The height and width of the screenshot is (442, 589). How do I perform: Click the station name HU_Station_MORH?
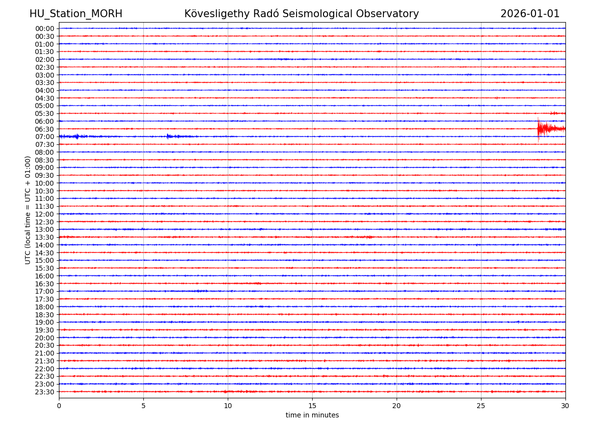coord(76,14)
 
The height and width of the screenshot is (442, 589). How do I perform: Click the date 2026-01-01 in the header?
coord(530,14)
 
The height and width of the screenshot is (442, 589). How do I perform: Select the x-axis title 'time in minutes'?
coord(312,415)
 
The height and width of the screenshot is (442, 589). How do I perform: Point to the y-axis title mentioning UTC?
coord(28,210)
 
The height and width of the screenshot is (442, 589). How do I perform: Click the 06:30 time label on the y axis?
coord(44,129)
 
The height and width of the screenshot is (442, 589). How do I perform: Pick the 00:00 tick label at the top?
coord(44,28)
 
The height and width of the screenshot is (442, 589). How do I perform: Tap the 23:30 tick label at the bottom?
coord(44,392)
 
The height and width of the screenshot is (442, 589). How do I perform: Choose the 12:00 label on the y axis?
coord(44,214)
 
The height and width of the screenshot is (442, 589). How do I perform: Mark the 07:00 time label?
coord(44,137)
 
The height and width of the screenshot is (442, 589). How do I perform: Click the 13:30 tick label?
coord(44,237)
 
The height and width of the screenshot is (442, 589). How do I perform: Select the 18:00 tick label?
coord(44,307)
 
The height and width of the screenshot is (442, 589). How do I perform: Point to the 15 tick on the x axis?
coord(312,406)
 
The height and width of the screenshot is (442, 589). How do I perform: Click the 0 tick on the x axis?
coord(59,406)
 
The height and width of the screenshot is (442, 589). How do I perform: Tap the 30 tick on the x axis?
coord(565,406)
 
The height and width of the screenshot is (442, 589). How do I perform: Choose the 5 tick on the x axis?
coord(143,406)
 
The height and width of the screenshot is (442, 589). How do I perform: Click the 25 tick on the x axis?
coord(481,406)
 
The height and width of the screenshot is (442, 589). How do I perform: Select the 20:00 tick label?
coord(44,338)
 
